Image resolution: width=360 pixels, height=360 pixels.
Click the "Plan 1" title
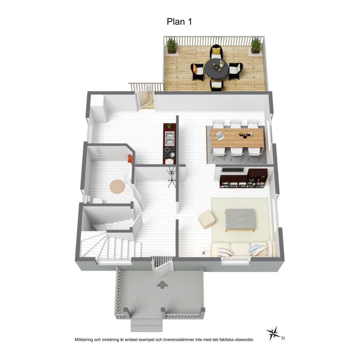click(179, 22)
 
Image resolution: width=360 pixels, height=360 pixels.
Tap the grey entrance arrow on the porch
click(162, 284)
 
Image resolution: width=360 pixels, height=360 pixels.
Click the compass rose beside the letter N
click(273, 333)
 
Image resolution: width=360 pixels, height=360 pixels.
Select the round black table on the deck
click(217, 68)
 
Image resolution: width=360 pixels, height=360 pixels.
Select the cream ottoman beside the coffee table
click(207, 219)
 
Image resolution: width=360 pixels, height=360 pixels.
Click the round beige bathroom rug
click(117, 187)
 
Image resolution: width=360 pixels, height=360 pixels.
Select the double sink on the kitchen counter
click(170, 139)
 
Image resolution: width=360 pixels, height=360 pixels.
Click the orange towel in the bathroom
click(130, 158)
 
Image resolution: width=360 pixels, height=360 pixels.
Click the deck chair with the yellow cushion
click(216, 52)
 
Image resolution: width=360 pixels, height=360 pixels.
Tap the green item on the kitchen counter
click(169, 126)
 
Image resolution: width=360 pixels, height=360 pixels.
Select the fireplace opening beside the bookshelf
click(233, 170)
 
